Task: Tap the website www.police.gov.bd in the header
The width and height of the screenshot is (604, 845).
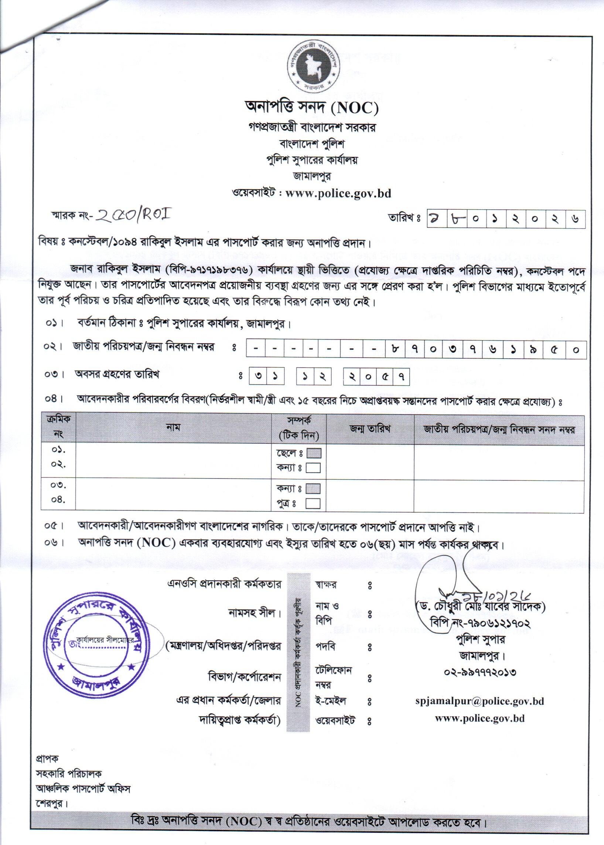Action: pyautogui.click(x=338, y=193)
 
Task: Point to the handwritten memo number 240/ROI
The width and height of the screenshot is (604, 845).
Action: pyautogui.click(x=133, y=216)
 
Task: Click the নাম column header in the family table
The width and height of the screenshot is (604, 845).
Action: pyautogui.click(x=173, y=428)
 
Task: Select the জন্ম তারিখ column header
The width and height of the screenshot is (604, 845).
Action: pyautogui.click(x=370, y=429)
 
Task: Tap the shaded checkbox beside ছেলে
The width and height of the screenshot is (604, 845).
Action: pyautogui.click(x=313, y=453)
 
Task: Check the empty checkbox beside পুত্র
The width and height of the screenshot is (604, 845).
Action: pyautogui.click(x=313, y=504)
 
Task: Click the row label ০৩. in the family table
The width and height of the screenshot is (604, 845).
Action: pyautogui.click(x=58, y=486)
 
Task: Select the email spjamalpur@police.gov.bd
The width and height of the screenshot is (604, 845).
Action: pyautogui.click(x=480, y=701)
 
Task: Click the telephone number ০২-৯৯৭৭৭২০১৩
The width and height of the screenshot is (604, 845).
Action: pyautogui.click(x=480, y=672)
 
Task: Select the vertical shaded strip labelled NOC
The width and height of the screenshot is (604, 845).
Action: pyautogui.click(x=298, y=650)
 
